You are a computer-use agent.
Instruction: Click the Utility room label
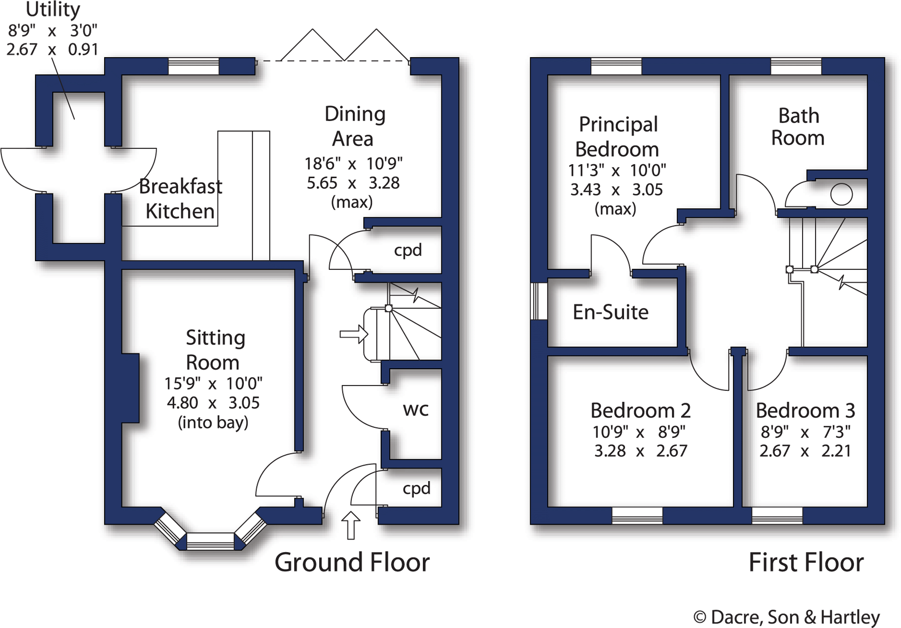(53, 9)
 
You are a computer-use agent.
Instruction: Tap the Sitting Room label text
(215, 350)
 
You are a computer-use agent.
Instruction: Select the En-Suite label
(610, 312)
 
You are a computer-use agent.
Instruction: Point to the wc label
(416, 410)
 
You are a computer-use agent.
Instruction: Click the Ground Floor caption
(352, 562)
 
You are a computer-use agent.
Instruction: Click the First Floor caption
(806, 562)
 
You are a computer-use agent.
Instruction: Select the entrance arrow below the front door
(351, 526)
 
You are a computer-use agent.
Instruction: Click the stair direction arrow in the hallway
(354, 334)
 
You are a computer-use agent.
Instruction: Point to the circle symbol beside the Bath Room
(841, 194)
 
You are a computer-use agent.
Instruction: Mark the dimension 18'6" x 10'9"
(353, 164)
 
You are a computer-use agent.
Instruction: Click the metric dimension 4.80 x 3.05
(213, 403)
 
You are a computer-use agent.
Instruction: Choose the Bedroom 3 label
(805, 410)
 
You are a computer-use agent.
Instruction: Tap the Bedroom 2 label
(640, 410)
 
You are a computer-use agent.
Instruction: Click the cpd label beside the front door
(416, 489)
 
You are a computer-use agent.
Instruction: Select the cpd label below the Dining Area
(408, 251)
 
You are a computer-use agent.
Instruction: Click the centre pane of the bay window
(210, 541)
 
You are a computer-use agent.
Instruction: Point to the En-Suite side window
(539, 301)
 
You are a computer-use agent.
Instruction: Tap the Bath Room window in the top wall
(796, 66)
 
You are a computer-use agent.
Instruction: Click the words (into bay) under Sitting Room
(213, 423)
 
